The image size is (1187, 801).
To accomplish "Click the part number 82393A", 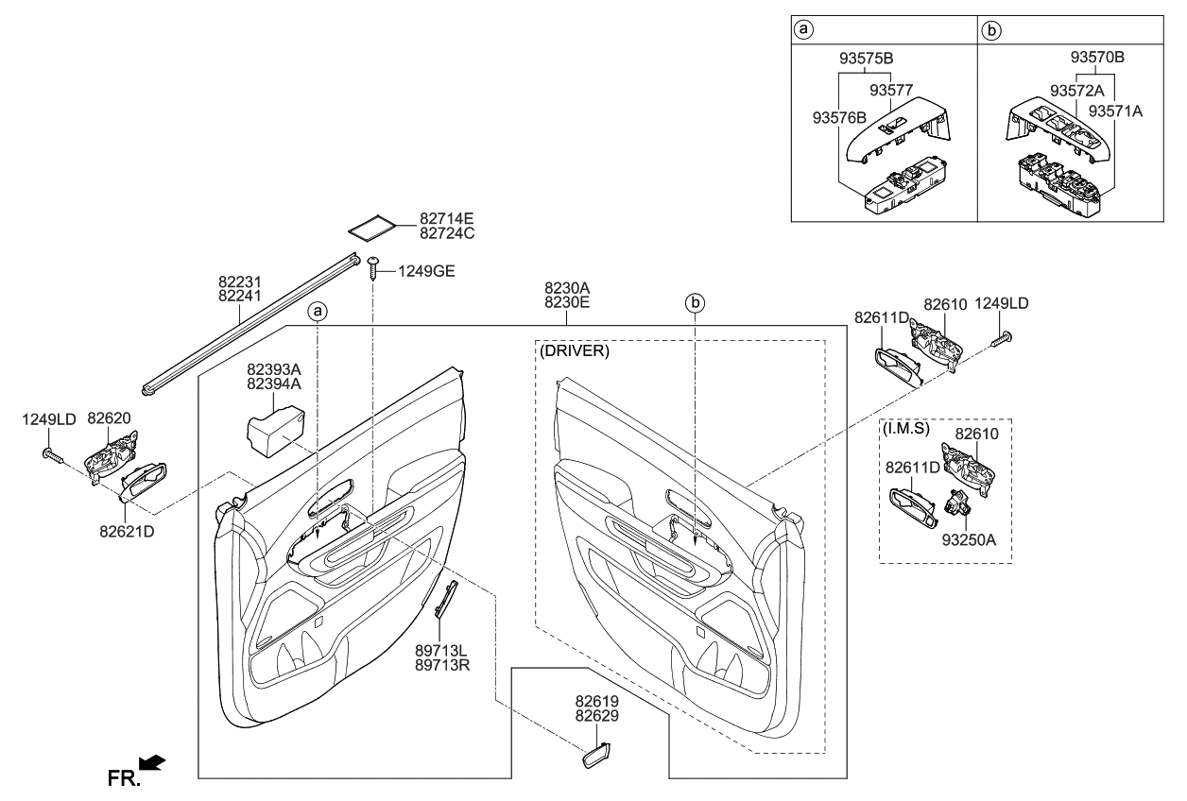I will [x=274, y=369].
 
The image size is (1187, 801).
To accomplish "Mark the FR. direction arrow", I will [x=151, y=761].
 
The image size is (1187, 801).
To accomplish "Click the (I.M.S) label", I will [x=905, y=430].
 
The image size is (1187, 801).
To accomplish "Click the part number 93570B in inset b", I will [x=1097, y=58].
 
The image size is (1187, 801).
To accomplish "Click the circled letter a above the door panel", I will [x=318, y=309].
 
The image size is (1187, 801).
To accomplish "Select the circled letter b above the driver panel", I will [x=695, y=303].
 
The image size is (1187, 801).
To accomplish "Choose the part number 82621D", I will [x=124, y=531].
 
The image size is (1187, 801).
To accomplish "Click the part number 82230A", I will [x=567, y=287].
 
